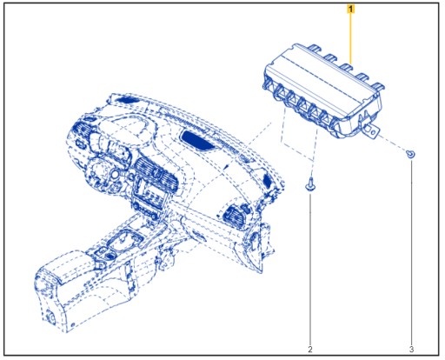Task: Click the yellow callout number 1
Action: tap(350, 9)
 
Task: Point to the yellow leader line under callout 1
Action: tap(350, 35)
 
